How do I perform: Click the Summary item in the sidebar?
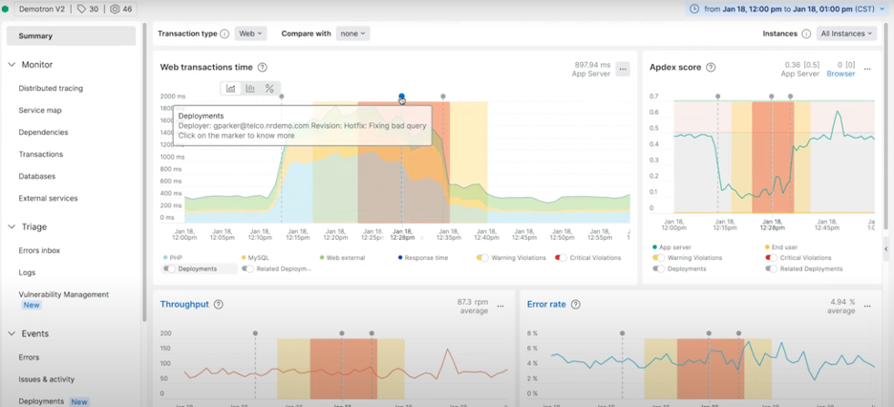pos(36,36)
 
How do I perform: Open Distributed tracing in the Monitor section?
pos(51,88)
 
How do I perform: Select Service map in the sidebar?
pos(40,110)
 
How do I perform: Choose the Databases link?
pos(37,176)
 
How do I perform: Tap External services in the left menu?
pos(48,198)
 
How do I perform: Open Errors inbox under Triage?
pos(39,250)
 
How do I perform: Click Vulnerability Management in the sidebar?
pos(64,294)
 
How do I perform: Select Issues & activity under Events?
pos(47,379)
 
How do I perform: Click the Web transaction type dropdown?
pos(250,33)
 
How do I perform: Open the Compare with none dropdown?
pos(352,33)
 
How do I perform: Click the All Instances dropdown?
pos(846,33)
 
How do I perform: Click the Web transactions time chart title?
pos(206,67)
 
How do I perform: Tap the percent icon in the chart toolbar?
pos(269,89)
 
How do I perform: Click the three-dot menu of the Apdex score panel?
pos(867,69)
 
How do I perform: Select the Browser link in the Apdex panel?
pos(841,74)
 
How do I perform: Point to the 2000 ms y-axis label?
pos(173,96)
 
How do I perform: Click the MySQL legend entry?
pos(259,258)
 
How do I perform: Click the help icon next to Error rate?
pos(575,305)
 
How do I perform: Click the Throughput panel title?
pos(184,305)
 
